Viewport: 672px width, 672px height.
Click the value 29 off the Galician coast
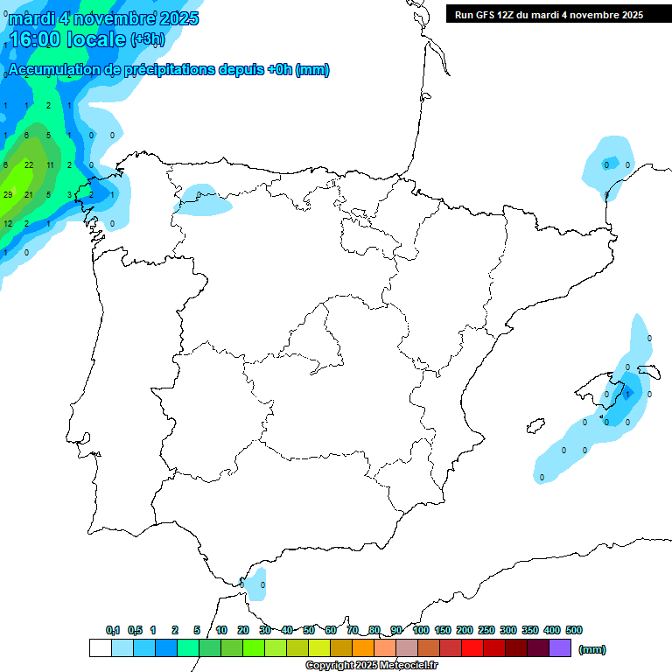tap(8, 194)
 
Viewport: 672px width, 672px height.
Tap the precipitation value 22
tap(29, 164)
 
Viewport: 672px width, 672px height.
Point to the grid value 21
tap(29, 194)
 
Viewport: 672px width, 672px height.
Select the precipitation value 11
tap(50, 164)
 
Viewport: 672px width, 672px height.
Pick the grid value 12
tap(8, 224)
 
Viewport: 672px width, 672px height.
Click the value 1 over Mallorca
tap(627, 395)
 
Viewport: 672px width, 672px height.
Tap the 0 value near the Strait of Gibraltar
tap(262, 584)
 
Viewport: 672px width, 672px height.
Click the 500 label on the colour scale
tap(574, 630)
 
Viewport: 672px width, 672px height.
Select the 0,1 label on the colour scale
tap(113, 630)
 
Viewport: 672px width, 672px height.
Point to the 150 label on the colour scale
tap(443, 630)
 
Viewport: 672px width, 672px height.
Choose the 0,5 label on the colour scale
tap(135, 630)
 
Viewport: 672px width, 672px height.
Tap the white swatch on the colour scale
tap(100, 648)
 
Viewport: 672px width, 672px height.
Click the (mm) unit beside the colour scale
tap(593, 649)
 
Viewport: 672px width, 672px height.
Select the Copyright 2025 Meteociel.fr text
tap(371, 666)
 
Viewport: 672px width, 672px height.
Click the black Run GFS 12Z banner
tap(549, 14)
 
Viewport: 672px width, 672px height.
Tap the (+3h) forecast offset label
tap(147, 39)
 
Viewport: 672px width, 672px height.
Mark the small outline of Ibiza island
tap(535, 426)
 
